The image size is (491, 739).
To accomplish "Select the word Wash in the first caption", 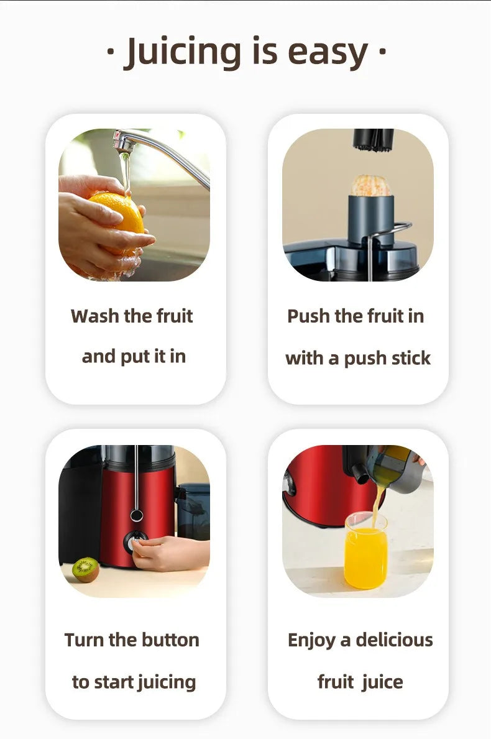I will coord(95,316).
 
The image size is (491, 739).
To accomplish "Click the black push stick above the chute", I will coord(373,140).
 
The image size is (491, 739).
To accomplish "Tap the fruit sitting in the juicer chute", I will coord(370,185).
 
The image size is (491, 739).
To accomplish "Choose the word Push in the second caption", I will coord(309,316).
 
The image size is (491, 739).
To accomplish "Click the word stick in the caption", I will coord(408,358).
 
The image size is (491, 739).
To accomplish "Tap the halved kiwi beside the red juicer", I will coord(85,569).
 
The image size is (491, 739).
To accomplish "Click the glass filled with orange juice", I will coord(365,552).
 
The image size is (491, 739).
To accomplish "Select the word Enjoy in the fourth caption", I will coord(311,640).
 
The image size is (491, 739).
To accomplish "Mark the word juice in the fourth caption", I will coord(382,682).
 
